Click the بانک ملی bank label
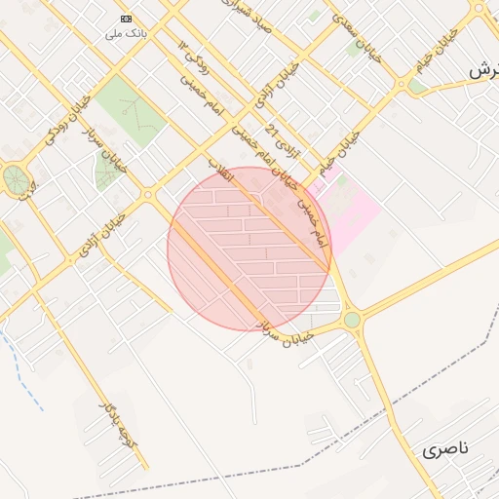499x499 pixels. (x=127, y=33)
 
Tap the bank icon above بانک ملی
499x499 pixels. (x=126, y=19)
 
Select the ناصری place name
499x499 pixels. (x=446, y=449)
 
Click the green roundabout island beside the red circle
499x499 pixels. (x=352, y=319)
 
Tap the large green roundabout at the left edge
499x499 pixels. (x=15, y=178)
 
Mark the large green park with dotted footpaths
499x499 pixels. (x=131, y=109)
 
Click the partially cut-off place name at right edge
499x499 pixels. (x=482, y=71)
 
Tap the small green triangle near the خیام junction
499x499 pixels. (x=416, y=86)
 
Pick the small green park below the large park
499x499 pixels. (x=105, y=173)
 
